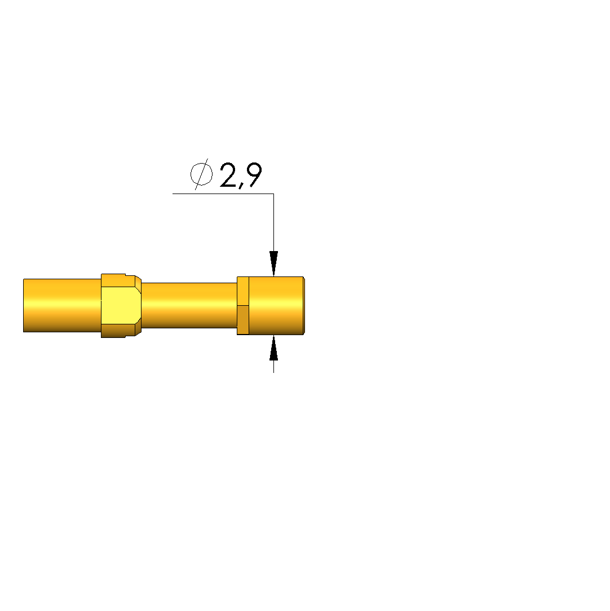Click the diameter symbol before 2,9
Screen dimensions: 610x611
[201, 174]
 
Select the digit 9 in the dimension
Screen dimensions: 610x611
[255, 174]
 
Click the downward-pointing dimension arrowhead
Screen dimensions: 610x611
[273, 263]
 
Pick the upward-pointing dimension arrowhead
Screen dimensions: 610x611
[273, 348]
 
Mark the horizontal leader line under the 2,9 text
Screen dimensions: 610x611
[223, 194]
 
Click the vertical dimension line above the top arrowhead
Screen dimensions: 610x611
[273, 222]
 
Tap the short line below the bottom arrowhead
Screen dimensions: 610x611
[273, 367]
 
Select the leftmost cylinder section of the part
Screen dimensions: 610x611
[62, 306]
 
